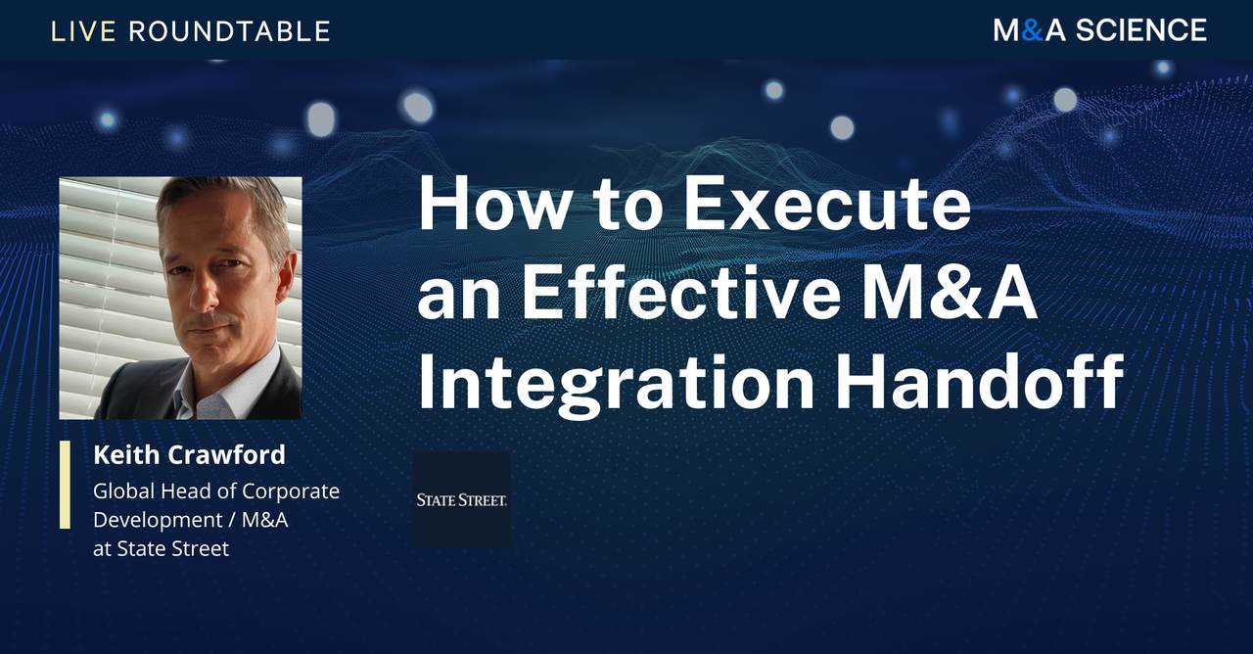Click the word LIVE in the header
[x=84, y=31]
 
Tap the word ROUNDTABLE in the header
[x=229, y=31]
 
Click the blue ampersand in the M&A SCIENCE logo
[x=1031, y=30]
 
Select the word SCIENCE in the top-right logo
[x=1141, y=30]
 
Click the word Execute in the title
[x=826, y=207]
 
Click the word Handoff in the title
[x=979, y=385]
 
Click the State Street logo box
[x=461, y=499]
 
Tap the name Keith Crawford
[x=189, y=454]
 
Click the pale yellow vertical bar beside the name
[x=65, y=485]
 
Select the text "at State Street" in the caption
[x=161, y=548]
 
